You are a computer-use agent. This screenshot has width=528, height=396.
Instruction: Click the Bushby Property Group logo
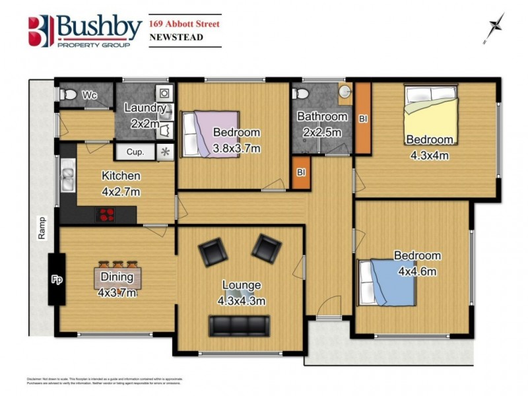84,30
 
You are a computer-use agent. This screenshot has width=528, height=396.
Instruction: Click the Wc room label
90,96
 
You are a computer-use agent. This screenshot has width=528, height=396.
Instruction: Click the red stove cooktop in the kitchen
107,214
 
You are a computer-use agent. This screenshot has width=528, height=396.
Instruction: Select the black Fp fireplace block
56,279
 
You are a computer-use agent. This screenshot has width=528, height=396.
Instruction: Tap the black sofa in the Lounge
239,325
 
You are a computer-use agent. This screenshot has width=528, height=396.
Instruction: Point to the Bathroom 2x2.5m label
321,123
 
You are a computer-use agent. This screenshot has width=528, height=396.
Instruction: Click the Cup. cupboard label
135,152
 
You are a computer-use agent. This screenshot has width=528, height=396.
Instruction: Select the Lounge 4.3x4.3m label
242,293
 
